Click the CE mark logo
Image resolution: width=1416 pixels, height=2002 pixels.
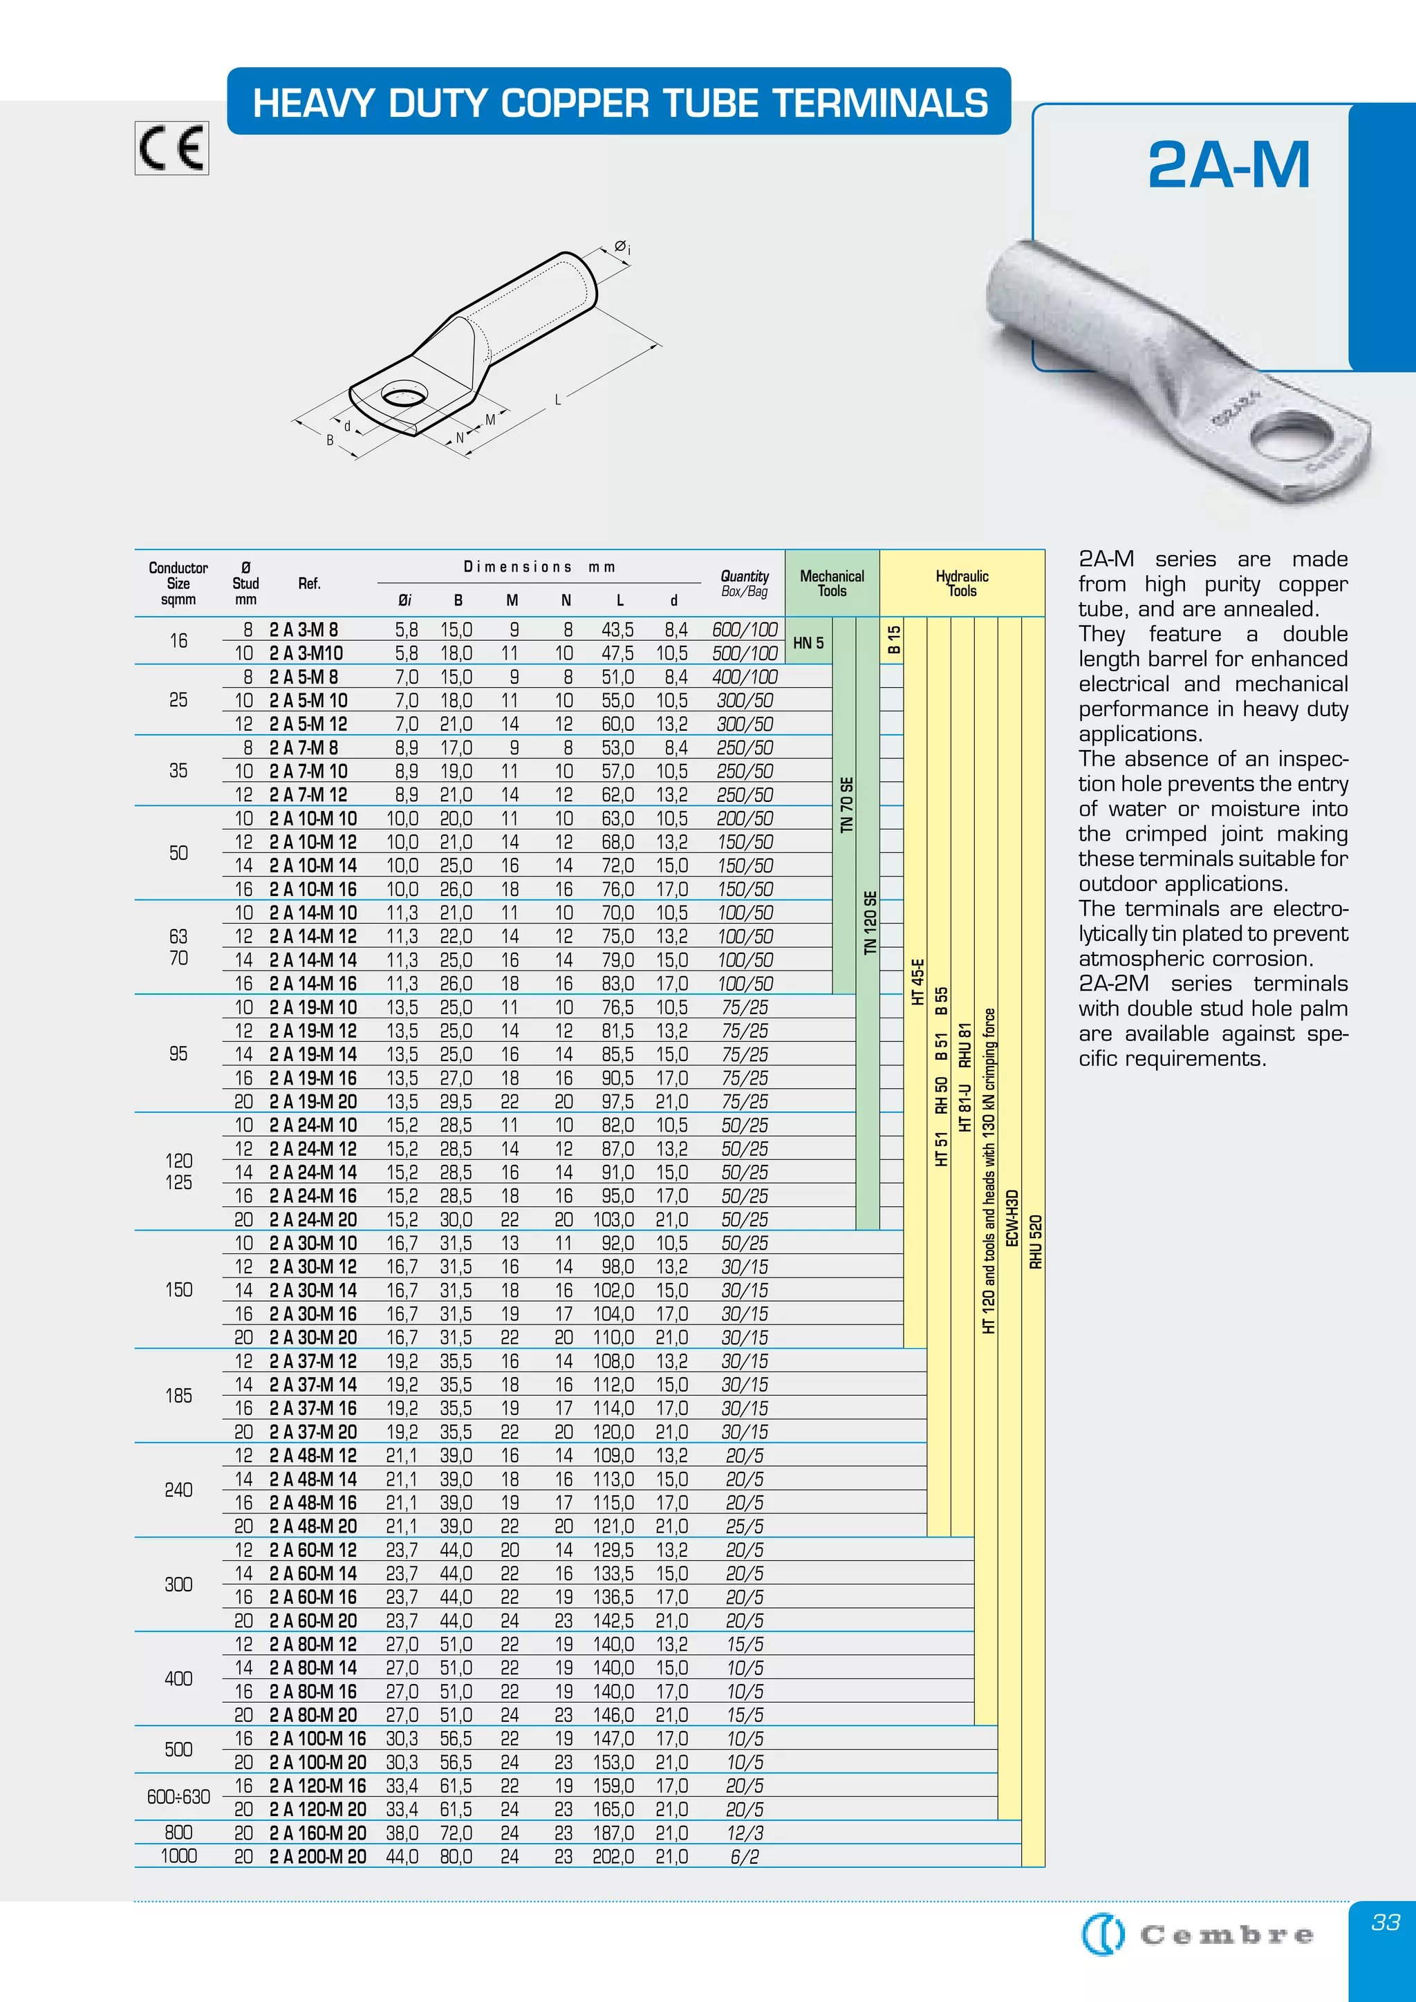(x=171, y=147)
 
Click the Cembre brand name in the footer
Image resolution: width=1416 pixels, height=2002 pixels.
(x=1226, y=1936)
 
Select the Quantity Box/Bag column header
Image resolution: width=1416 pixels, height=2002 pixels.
(x=744, y=583)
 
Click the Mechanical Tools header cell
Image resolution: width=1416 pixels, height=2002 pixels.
(x=832, y=583)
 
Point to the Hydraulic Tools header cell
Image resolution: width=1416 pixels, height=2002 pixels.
(x=962, y=583)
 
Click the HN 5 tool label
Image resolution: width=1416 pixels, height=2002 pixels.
(x=808, y=643)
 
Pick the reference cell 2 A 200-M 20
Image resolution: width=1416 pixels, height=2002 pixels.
(x=317, y=1856)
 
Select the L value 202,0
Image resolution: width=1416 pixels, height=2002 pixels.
(x=613, y=1856)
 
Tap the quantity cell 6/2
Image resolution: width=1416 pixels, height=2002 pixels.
(x=744, y=1856)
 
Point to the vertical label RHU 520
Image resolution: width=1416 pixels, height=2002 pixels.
(x=1035, y=1242)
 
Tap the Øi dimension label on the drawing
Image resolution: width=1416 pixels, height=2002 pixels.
(x=622, y=247)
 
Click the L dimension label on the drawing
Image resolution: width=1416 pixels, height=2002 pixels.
(x=558, y=400)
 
